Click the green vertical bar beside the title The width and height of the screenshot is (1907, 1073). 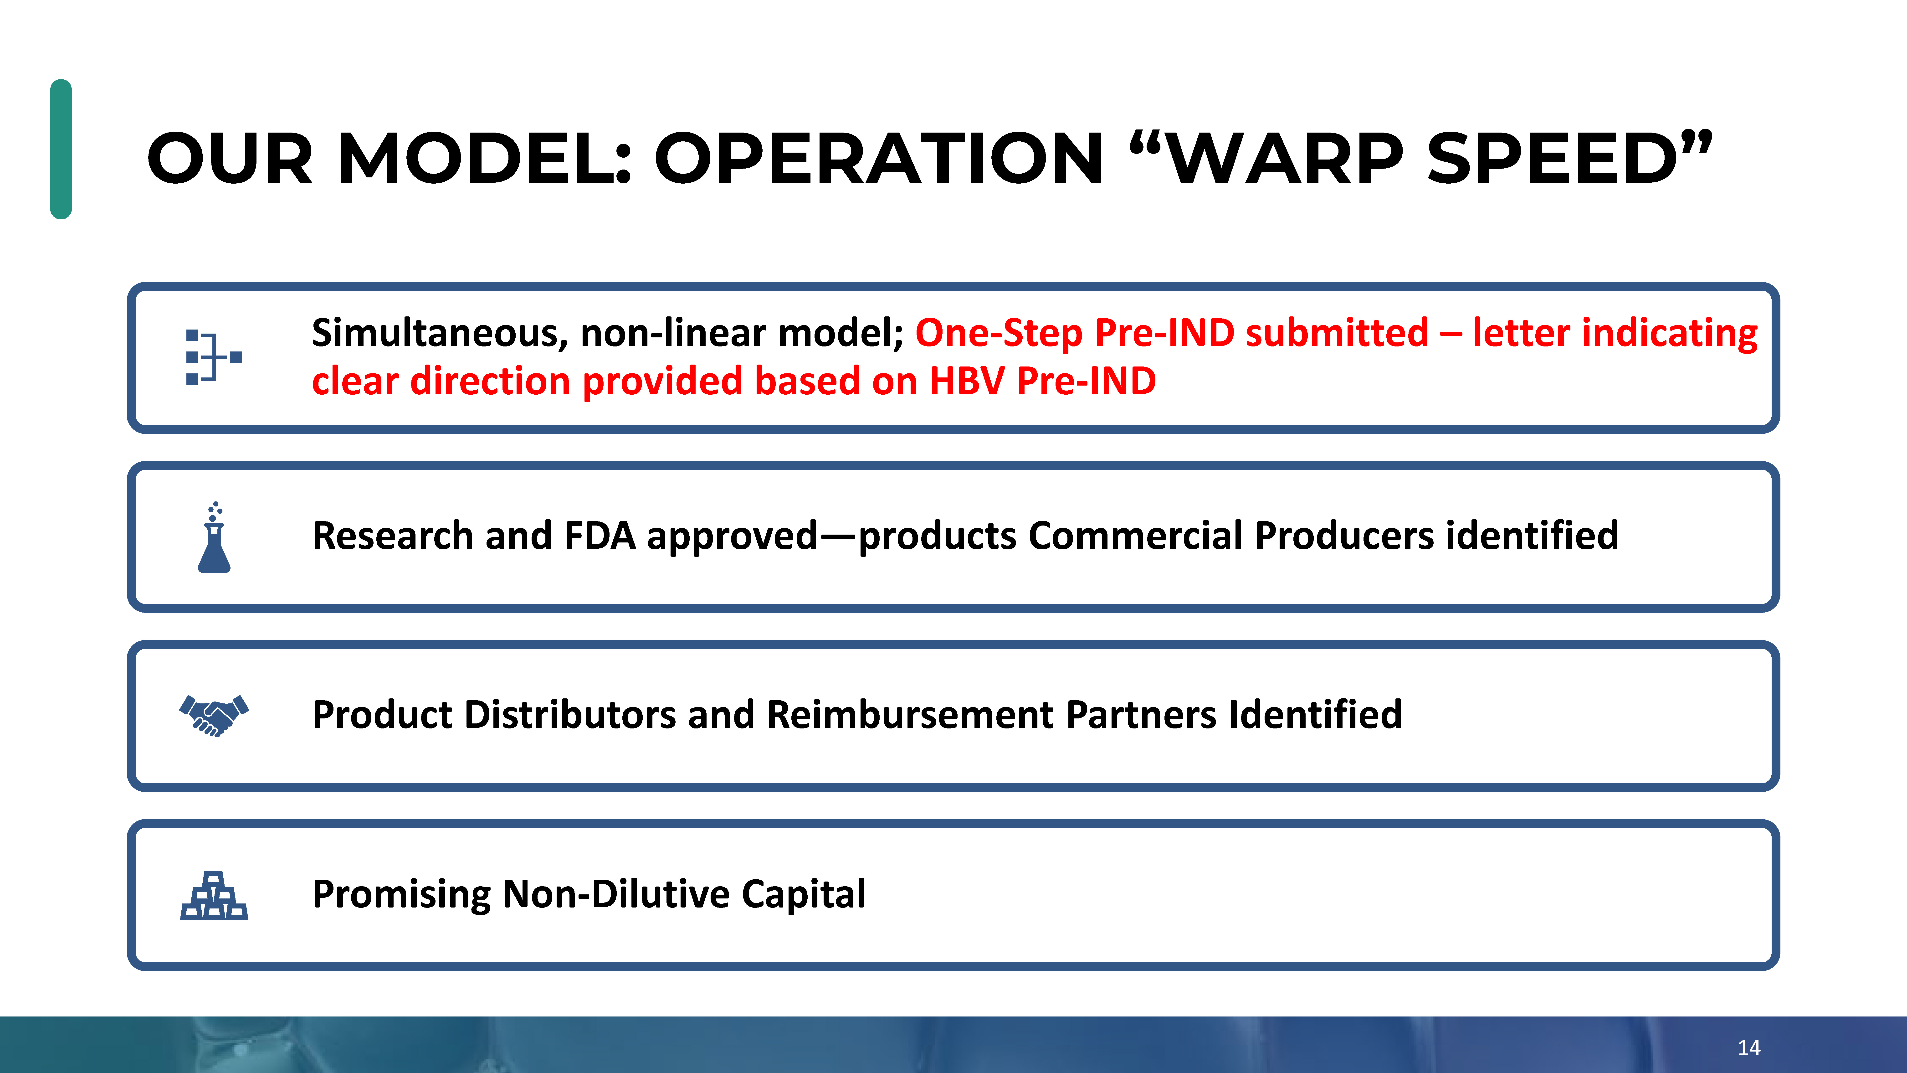point(61,149)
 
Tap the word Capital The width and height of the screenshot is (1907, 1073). point(803,895)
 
